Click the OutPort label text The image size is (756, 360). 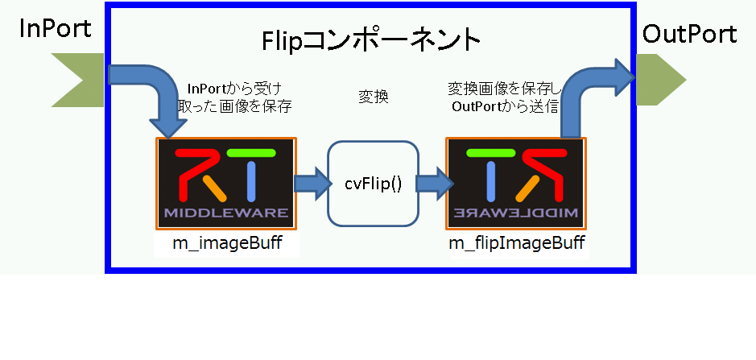click(x=689, y=34)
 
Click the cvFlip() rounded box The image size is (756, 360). click(x=373, y=183)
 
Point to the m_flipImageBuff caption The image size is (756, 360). click(x=516, y=242)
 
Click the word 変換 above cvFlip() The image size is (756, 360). click(x=373, y=97)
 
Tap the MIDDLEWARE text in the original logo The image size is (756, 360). click(x=225, y=213)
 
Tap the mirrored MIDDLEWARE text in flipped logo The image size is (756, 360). click(x=516, y=213)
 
